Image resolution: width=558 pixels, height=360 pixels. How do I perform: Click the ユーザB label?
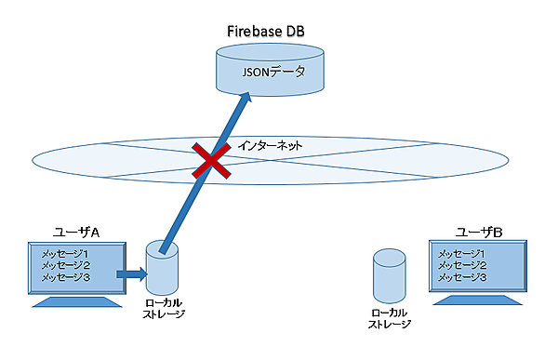pyautogui.click(x=477, y=231)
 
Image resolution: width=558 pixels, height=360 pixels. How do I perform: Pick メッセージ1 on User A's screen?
pyautogui.click(x=65, y=253)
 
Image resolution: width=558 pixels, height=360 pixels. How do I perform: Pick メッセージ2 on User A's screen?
pyautogui.click(x=65, y=265)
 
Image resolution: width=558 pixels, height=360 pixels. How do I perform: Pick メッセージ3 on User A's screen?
pyautogui.click(x=65, y=277)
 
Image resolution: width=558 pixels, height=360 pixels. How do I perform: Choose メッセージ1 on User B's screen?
pyautogui.click(x=461, y=253)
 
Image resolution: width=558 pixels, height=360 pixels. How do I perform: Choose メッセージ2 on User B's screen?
pyautogui.click(x=461, y=265)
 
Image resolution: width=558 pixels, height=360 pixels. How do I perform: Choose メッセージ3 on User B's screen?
pyautogui.click(x=461, y=277)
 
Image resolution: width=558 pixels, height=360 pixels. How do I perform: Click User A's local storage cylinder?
pyautogui.click(x=164, y=270)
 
